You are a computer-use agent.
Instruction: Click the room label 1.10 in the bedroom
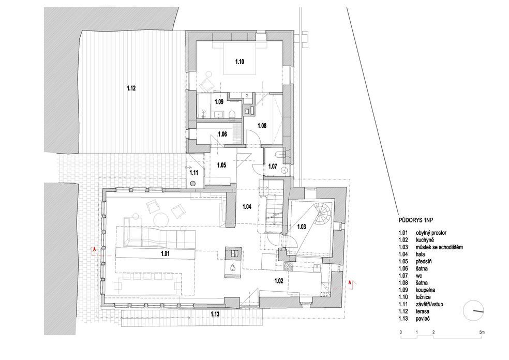point(239,62)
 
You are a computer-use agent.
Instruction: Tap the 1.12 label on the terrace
point(131,88)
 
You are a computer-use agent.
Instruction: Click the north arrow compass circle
point(473,311)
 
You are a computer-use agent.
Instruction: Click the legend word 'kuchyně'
point(425,240)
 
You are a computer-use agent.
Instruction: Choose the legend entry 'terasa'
point(423,311)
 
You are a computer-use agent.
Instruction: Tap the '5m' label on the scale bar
point(482,333)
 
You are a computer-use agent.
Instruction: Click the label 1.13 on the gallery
point(215,314)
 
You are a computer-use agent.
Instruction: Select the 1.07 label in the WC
point(273,167)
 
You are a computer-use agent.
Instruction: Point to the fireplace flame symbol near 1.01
point(233,267)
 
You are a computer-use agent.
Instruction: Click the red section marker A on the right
point(350,283)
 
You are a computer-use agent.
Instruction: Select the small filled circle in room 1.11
point(193,183)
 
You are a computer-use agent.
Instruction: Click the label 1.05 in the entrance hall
point(221,165)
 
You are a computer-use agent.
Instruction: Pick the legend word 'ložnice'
point(423,297)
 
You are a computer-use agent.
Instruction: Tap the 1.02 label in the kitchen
point(278,281)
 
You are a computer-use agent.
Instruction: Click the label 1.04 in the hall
point(247,206)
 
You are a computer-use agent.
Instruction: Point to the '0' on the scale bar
point(401,333)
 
